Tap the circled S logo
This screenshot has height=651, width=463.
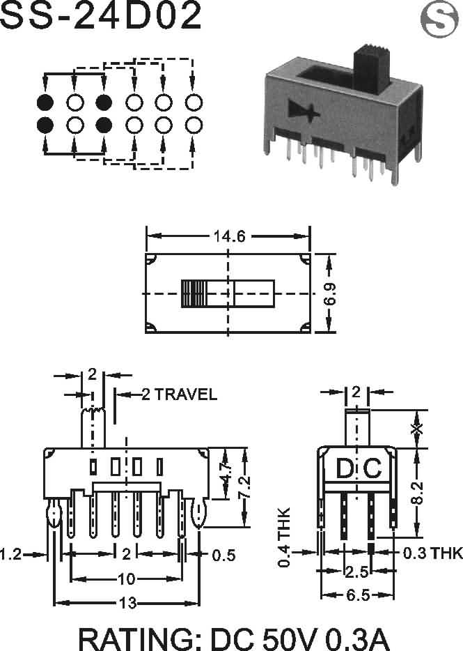439,19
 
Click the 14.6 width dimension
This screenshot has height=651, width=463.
230,236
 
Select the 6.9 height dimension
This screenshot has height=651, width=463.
330,294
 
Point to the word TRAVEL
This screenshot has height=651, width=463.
186,394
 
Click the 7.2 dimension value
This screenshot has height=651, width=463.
245,487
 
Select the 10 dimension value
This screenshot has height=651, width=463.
127,579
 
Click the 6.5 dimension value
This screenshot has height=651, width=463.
358,595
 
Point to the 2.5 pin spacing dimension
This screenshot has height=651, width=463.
356,572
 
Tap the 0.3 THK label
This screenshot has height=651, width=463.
433,553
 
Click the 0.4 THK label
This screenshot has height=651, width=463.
284,537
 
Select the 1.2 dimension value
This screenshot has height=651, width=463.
11,554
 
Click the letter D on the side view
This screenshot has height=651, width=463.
345,468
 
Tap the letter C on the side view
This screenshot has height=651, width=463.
372,468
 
